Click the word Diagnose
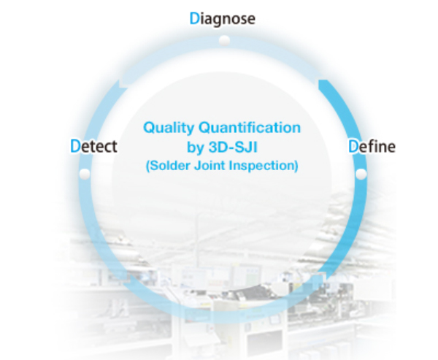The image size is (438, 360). pyautogui.click(x=223, y=19)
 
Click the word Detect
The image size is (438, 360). pyautogui.click(x=94, y=146)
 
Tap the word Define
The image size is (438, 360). pyautogui.click(x=372, y=146)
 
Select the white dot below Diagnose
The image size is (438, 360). pyautogui.click(x=224, y=41)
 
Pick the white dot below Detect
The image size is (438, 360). pyautogui.click(x=85, y=174)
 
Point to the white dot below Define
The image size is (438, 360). pyautogui.click(x=361, y=174)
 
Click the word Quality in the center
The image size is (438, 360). pyautogui.click(x=169, y=128)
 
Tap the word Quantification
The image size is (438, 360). pyautogui.click(x=250, y=128)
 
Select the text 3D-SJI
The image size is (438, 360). pyautogui.click(x=233, y=147)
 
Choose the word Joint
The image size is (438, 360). pyautogui.click(x=210, y=165)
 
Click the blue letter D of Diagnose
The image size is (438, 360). pyautogui.click(x=194, y=18)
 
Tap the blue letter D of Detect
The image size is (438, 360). pyautogui.click(x=75, y=145)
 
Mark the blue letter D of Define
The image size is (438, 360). pyautogui.click(x=353, y=146)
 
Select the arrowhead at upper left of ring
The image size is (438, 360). pyautogui.click(x=123, y=83)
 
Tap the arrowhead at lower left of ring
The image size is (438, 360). pyautogui.click(x=126, y=279)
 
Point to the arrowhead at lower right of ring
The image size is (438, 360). pyautogui.click(x=318, y=278)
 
